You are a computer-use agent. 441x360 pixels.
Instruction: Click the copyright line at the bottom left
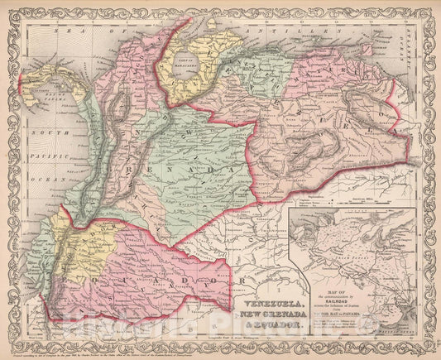[x=83, y=347]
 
